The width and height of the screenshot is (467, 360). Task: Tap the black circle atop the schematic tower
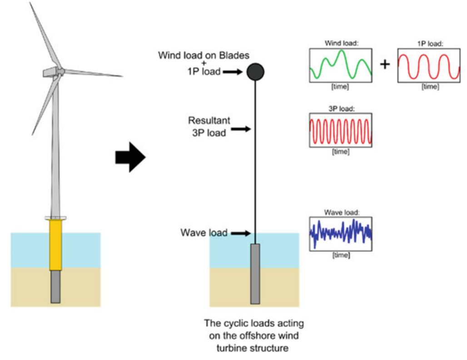pos(255,72)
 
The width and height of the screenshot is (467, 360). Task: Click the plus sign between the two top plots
pos(385,64)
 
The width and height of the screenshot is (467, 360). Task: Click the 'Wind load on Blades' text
pos(204,55)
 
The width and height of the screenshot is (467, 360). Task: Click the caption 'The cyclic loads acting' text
pos(254,324)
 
